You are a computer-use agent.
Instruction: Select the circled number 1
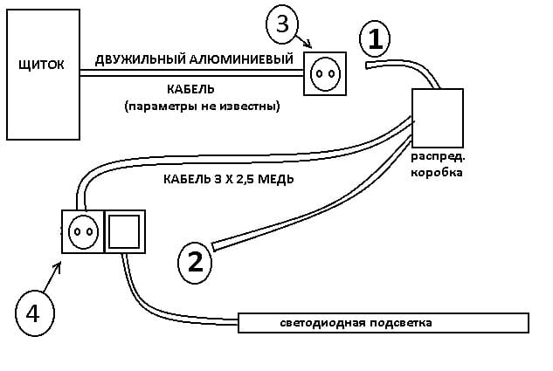click(373, 38)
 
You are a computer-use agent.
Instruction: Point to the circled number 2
click(194, 261)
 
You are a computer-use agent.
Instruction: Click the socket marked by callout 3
click(324, 73)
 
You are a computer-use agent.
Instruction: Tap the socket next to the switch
click(82, 232)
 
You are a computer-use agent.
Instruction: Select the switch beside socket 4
click(124, 232)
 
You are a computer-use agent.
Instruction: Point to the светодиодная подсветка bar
click(384, 323)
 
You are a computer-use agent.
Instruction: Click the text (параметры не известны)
click(202, 106)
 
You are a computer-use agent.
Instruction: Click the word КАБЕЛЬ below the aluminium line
click(190, 89)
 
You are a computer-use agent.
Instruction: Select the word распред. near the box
click(440, 158)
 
